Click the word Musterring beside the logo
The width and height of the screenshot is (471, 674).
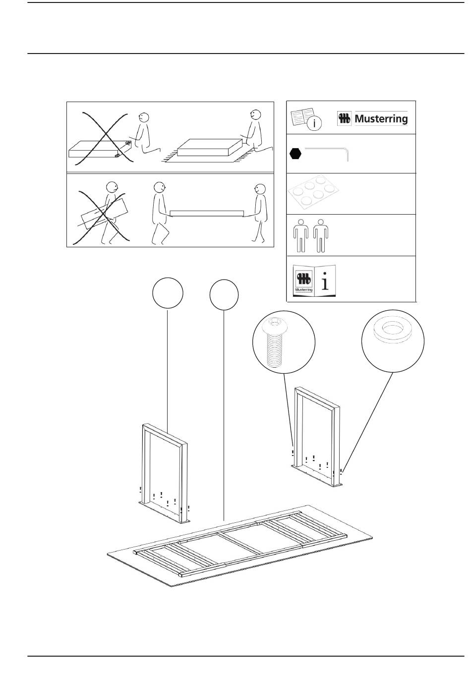click(381, 119)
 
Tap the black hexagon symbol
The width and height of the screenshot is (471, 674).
click(295, 154)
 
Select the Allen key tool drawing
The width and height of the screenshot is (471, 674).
click(327, 151)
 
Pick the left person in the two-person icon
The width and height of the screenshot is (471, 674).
click(300, 235)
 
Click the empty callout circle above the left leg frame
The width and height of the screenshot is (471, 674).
click(168, 293)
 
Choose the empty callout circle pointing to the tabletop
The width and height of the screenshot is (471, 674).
click(224, 295)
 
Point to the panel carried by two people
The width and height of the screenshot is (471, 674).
click(207, 214)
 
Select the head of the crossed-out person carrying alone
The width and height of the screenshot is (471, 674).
click(111, 188)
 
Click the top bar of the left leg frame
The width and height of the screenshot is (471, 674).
click(165, 431)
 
